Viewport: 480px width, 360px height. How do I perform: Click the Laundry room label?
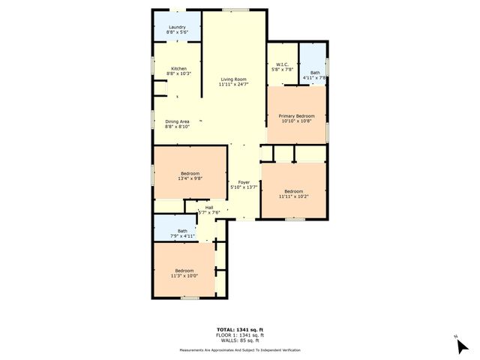pos(178,27)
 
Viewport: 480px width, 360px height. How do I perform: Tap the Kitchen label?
pos(178,68)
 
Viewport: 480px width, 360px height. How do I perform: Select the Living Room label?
pos(233,79)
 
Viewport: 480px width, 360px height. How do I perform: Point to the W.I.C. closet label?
pos(283,64)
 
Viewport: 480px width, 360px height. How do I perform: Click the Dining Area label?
pos(177,121)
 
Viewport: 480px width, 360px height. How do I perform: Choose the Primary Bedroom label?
pos(296,115)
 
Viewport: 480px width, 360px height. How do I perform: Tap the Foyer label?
pos(244,182)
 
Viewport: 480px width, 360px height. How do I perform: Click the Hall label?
pos(209,208)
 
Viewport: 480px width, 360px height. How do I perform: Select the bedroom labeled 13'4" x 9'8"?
pos(189,174)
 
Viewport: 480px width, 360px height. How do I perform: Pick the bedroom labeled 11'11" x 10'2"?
pos(293,191)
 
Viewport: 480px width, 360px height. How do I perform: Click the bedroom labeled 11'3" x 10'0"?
pos(184,271)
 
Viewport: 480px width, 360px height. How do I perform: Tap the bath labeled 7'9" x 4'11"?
pos(182,231)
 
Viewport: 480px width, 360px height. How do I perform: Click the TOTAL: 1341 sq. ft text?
pos(240,330)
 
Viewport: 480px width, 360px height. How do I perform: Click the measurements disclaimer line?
pos(240,350)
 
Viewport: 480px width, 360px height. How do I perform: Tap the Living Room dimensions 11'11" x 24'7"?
pos(233,84)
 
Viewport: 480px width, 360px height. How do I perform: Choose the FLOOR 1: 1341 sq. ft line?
pos(240,335)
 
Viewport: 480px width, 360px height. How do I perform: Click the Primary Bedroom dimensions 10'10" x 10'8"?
pos(296,121)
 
